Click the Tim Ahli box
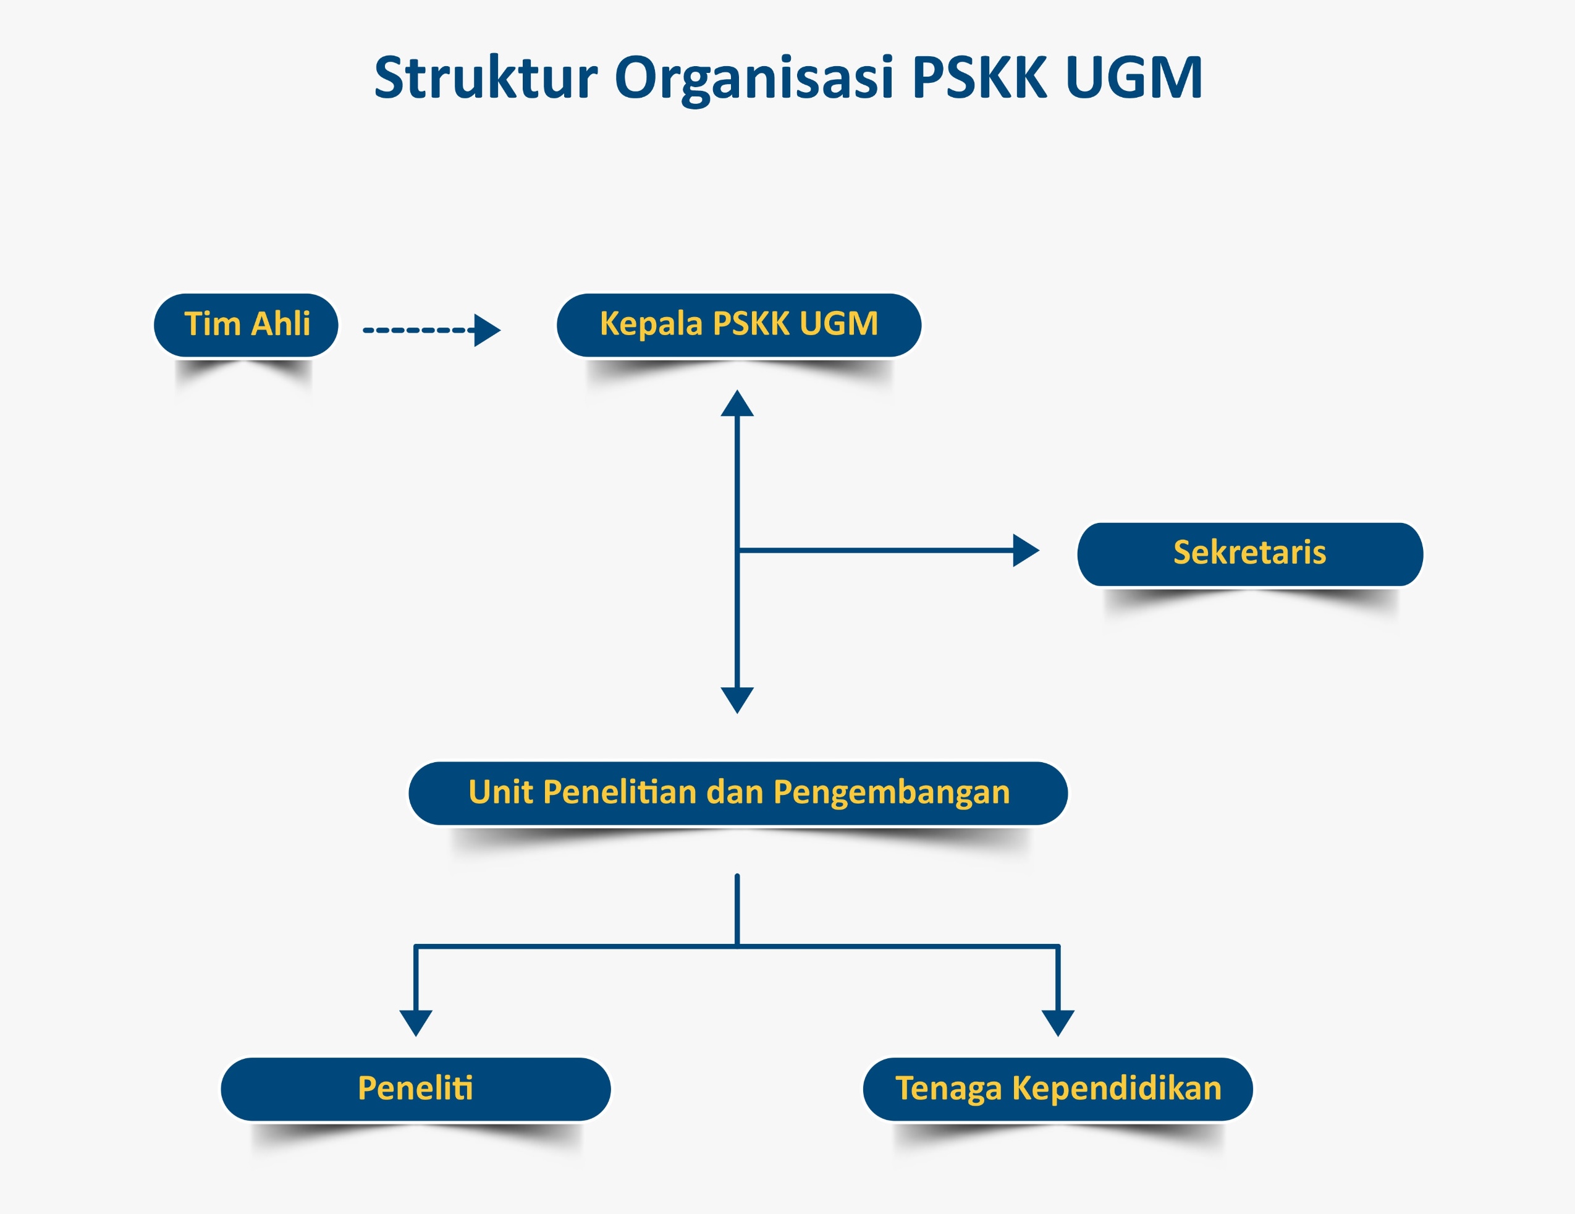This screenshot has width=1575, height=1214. tap(246, 325)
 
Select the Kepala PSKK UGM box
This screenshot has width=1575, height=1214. tap(738, 325)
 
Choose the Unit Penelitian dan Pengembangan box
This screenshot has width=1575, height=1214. tap(738, 792)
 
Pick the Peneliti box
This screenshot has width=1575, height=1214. tap(415, 1089)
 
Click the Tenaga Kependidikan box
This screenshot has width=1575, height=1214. tap(1058, 1089)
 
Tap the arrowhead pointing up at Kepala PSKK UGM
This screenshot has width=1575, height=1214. tap(737, 405)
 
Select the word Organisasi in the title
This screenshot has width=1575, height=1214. tap(754, 79)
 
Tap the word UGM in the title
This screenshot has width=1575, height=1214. tap(1134, 77)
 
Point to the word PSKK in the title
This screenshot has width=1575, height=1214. tap(979, 77)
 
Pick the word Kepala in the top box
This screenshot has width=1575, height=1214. tap(651, 324)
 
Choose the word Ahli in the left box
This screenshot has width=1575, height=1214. tap(281, 324)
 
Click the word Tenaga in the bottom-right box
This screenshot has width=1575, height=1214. tap(948, 1089)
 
